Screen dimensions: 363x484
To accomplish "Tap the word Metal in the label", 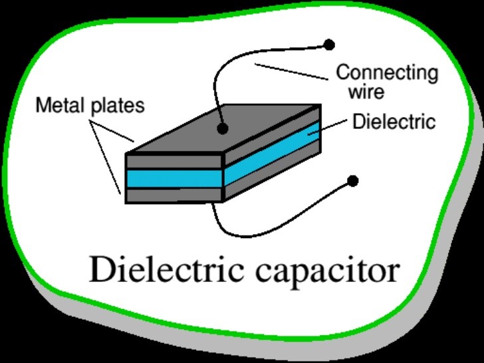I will [x=59, y=106].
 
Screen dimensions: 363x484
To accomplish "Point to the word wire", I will [x=366, y=91].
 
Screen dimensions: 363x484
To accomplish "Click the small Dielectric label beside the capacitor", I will [x=394, y=122].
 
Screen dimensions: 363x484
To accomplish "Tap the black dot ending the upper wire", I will [x=328, y=45].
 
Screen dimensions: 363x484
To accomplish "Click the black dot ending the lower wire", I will [x=353, y=181].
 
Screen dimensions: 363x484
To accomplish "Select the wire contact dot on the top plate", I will [x=222, y=128].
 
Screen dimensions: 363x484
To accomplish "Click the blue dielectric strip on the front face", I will [x=173, y=178].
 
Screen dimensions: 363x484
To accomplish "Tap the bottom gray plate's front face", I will [x=173, y=195].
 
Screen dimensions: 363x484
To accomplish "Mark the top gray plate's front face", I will [x=173, y=162].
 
